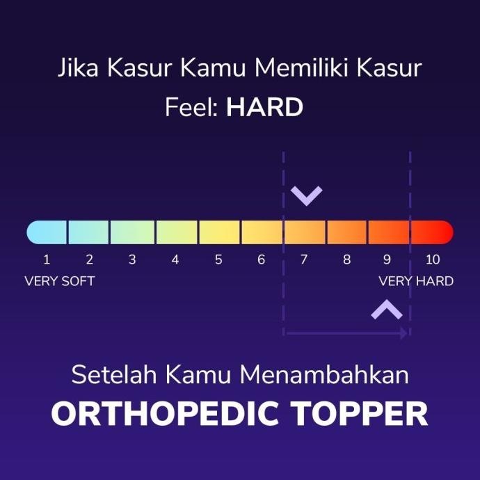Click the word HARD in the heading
264,108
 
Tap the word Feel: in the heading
193,108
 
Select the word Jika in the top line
77,70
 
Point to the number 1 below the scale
47,260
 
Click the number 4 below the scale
175,260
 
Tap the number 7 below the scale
304,260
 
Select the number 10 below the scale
433,260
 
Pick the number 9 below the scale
387,260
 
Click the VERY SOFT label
60,282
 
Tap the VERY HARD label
416,282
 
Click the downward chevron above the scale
306,195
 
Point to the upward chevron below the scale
387,310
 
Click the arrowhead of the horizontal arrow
403,334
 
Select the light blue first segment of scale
47,232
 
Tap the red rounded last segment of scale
431,232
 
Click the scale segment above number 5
220,232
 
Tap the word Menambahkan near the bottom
324,376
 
